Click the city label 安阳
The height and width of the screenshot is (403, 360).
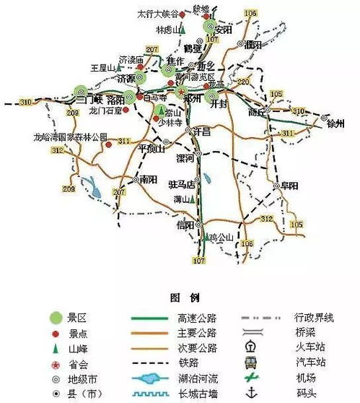[x=224, y=30]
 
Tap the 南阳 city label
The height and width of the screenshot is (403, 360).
[x=149, y=179]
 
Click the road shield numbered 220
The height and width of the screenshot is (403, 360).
[x=242, y=82]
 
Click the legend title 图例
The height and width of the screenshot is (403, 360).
[x=180, y=298]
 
